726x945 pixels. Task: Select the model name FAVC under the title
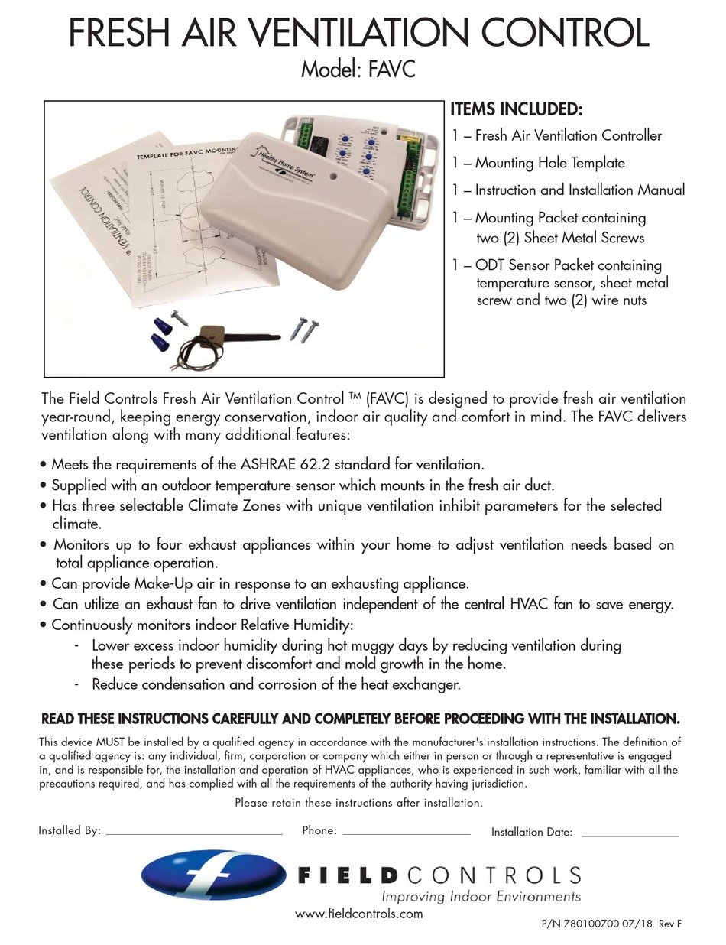coord(392,71)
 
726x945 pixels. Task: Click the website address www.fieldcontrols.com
coord(358,914)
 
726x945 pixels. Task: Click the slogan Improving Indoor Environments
coord(481,896)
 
